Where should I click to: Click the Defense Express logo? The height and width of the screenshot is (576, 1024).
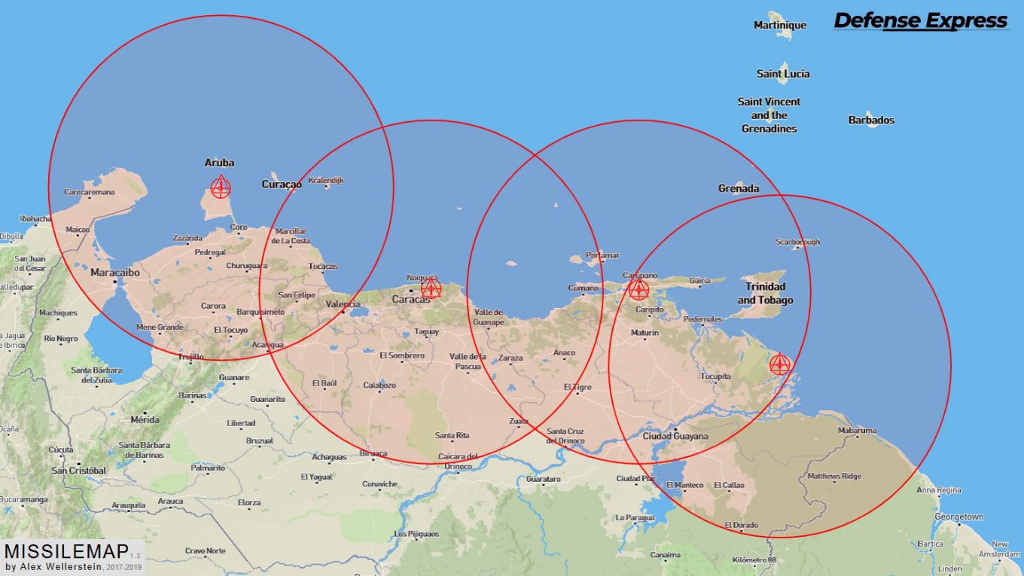(x=920, y=21)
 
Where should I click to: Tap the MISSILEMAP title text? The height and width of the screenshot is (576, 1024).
(x=66, y=550)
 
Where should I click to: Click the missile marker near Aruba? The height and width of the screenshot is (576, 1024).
(x=220, y=187)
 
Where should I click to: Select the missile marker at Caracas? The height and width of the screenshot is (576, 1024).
(x=431, y=288)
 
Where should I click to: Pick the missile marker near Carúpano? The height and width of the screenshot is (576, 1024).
(x=638, y=289)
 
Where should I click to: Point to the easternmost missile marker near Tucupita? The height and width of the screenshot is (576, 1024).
(x=779, y=364)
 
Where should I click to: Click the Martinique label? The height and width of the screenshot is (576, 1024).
(x=779, y=26)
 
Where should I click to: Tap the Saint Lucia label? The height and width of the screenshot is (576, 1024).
(x=783, y=74)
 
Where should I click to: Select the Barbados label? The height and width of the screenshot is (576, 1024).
(x=871, y=120)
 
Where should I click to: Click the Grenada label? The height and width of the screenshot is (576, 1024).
(x=738, y=188)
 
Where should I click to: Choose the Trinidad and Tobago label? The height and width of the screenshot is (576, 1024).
(x=765, y=294)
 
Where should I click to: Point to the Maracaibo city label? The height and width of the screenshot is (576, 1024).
(x=115, y=273)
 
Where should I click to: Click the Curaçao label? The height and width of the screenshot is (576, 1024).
(x=282, y=184)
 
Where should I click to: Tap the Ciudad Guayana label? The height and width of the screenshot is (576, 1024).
(x=675, y=436)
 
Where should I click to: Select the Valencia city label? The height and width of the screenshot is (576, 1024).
(x=343, y=304)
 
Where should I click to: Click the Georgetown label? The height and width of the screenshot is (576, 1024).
(x=958, y=517)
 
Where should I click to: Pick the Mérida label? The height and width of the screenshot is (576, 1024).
(x=145, y=419)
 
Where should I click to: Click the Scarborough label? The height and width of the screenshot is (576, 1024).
(x=797, y=242)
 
